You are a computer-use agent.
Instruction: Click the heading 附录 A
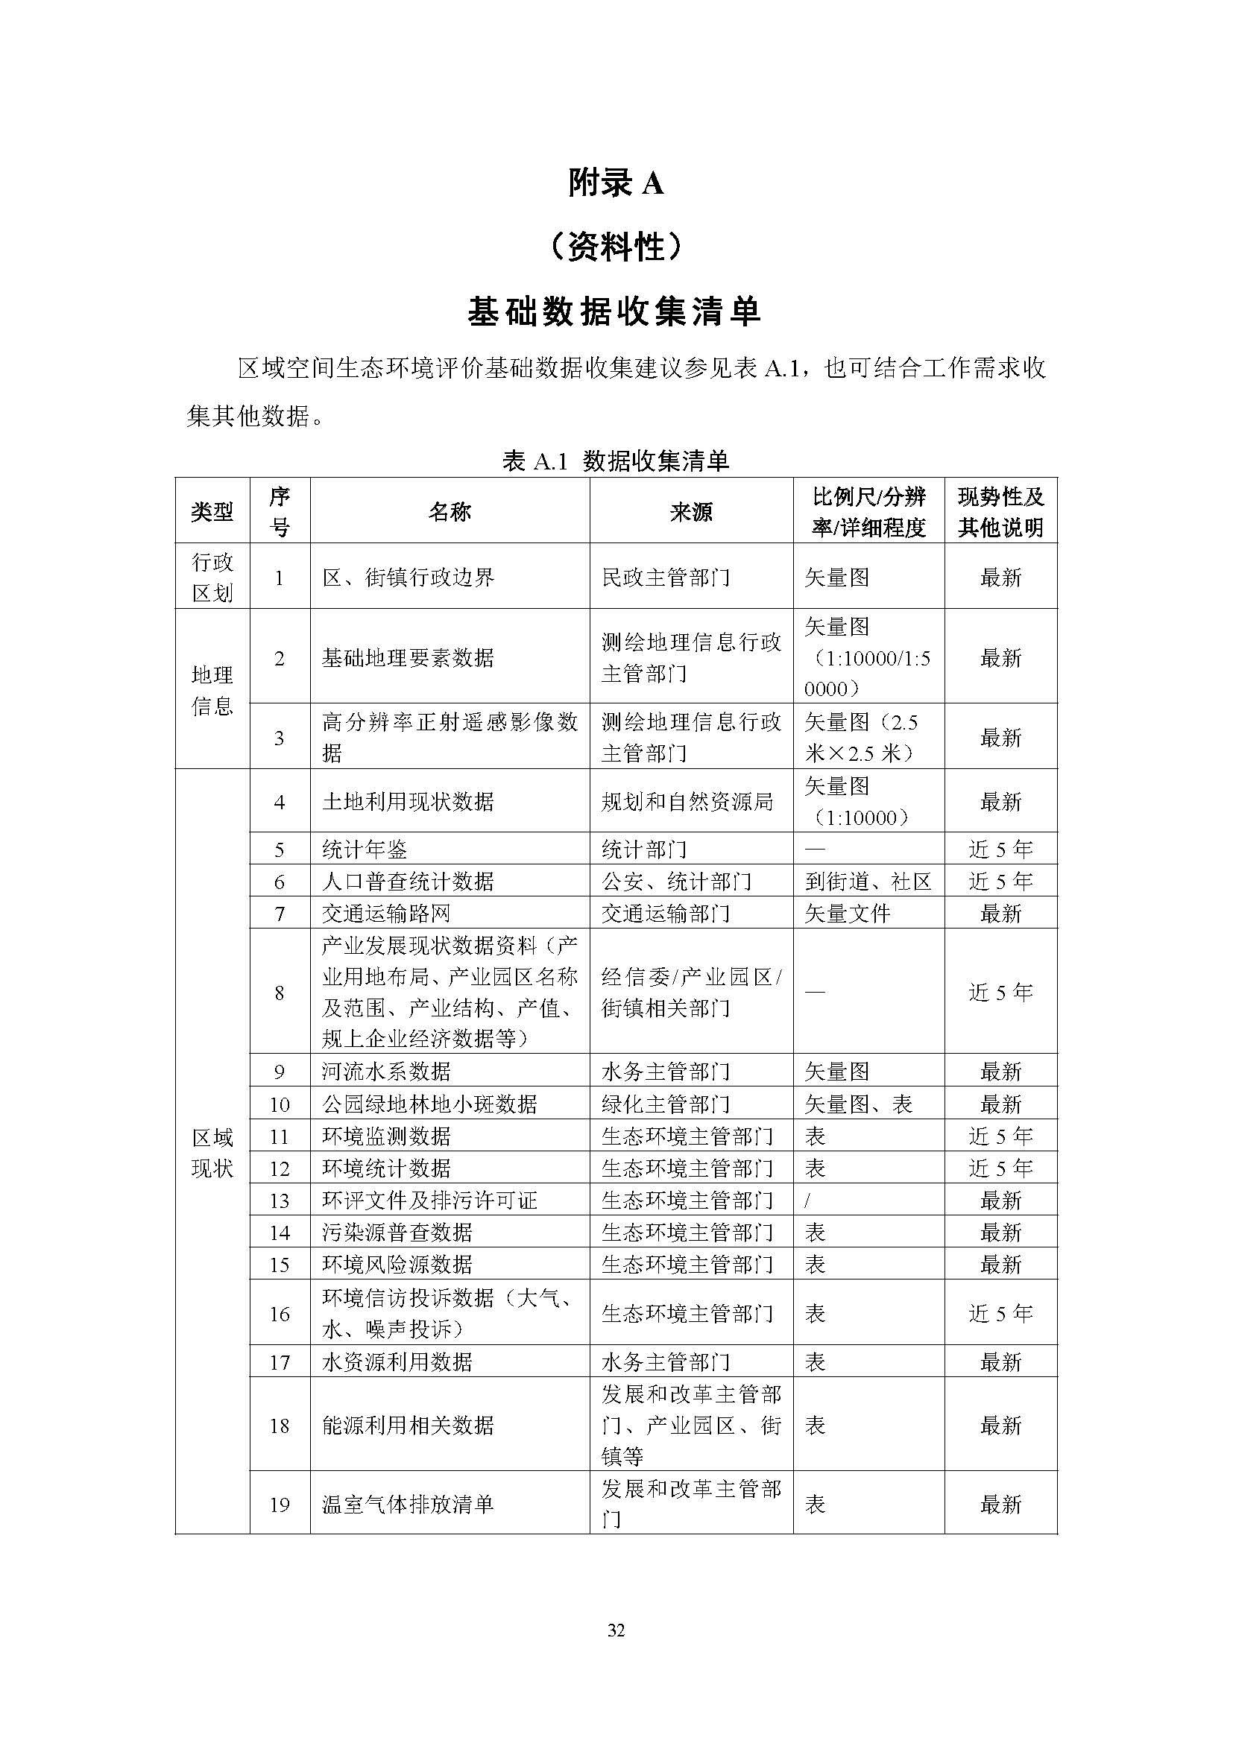616,184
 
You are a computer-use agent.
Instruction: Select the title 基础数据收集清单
615,311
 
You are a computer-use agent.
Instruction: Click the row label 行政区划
212,577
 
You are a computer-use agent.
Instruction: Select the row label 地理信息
212,690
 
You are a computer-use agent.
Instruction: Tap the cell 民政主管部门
665,578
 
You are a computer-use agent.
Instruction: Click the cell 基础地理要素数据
408,657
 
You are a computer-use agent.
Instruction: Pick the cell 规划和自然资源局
687,802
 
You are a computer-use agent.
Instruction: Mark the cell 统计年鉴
365,850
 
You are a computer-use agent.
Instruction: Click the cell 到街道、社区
868,882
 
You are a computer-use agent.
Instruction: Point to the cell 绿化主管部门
665,1104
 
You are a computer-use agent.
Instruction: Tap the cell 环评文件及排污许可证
429,1201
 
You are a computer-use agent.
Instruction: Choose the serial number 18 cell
280,1425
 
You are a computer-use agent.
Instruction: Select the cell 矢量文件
847,914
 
